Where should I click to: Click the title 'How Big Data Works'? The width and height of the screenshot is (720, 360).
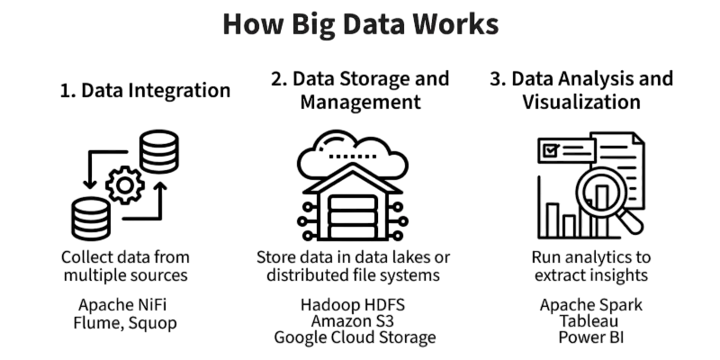click(360, 24)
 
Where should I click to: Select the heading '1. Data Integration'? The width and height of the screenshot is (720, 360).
click(146, 91)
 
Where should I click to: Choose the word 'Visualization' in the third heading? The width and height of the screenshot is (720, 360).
click(581, 103)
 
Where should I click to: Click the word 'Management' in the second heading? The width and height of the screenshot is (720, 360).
click(360, 103)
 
